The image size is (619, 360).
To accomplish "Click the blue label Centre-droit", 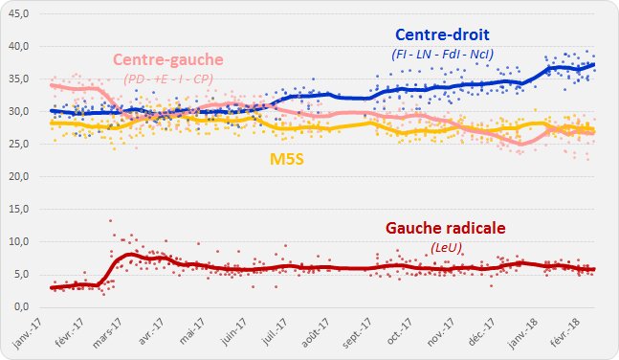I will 443,35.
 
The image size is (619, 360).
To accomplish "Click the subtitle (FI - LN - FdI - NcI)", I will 443,54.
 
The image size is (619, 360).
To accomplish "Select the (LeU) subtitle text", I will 444,247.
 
